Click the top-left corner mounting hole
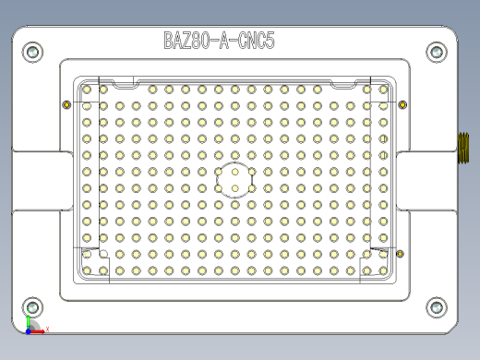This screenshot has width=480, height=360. [32, 53]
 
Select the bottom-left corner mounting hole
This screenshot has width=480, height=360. [32, 306]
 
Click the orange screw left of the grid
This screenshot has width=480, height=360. [66, 103]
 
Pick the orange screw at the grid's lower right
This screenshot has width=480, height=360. [400, 253]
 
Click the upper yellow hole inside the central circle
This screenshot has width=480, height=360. [236, 172]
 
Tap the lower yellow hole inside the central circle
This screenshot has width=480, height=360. [236, 188]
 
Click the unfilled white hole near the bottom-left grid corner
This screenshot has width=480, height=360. [103, 254]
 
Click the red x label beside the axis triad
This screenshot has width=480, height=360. [47, 329]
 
